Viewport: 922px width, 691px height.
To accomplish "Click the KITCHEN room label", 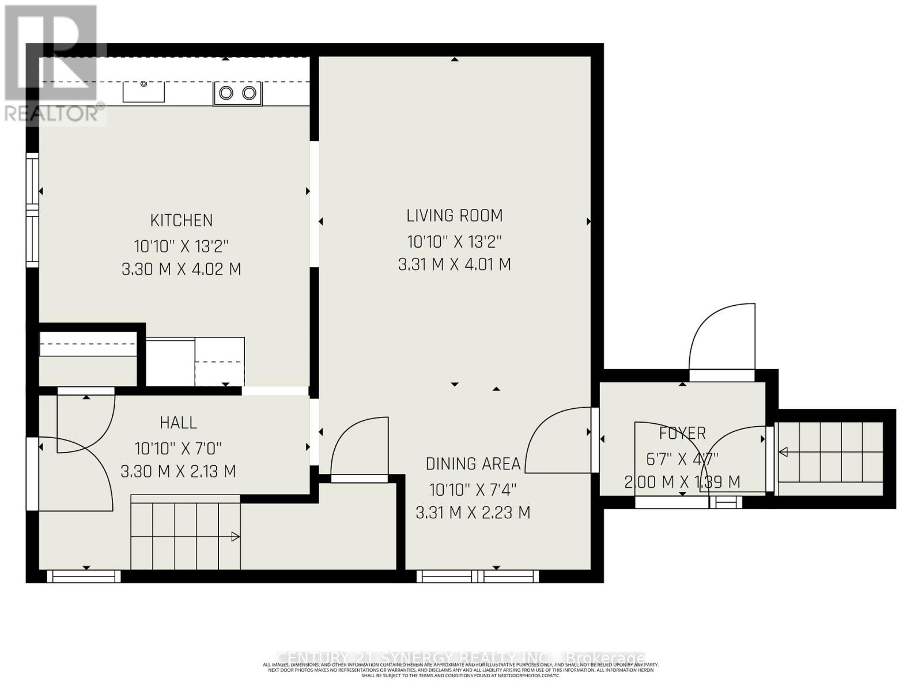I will pyautogui.click(x=182, y=221).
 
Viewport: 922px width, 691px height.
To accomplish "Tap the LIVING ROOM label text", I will pyautogui.click(x=455, y=216).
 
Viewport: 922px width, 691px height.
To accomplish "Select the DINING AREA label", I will pyautogui.click(x=473, y=464).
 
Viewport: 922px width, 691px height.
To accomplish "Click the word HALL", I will pyautogui.click(x=178, y=423).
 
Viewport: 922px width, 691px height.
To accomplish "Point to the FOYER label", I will pyautogui.click(x=682, y=433).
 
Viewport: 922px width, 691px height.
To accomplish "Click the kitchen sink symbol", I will pyautogui.click(x=143, y=92).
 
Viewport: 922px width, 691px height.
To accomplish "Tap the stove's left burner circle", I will pyautogui.click(x=226, y=93).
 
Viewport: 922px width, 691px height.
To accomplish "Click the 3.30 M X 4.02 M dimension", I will pyautogui.click(x=182, y=269).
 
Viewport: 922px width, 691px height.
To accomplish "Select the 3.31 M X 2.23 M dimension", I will pyautogui.click(x=473, y=512).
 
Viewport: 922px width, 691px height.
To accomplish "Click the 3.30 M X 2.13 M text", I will pyautogui.click(x=178, y=472).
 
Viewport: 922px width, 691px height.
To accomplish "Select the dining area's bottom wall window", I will pyautogui.click(x=478, y=575).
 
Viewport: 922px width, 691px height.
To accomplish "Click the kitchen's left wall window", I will pyautogui.click(x=33, y=210).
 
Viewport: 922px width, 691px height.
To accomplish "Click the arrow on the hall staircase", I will pyautogui.click(x=235, y=537).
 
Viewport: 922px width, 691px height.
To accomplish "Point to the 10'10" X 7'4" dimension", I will pyautogui.click(x=473, y=490).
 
